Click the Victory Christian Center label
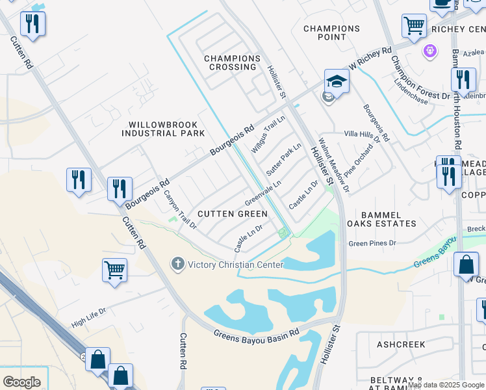click(235, 265)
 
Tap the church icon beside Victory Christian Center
click(177, 264)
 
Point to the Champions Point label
click(331, 33)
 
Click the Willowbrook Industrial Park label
click(167, 129)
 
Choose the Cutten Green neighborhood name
click(232, 214)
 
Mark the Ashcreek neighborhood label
click(400, 344)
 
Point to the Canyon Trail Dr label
click(179, 209)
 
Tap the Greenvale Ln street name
click(263, 191)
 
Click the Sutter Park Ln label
click(283, 160)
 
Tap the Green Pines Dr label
click(372, 244)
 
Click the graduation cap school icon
click(337, 81)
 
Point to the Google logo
click(21, 382)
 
